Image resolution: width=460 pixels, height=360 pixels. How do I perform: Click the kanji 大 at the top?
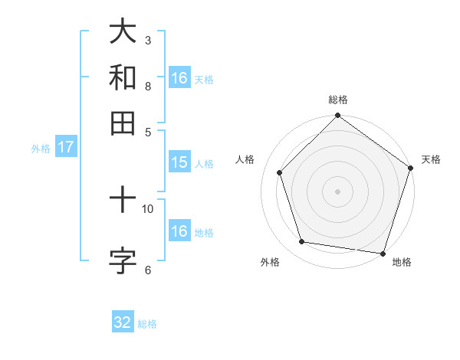pos(123,32)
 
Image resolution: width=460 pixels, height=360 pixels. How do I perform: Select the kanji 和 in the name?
pos(123,78)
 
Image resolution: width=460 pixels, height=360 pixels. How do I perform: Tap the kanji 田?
pos(123,123)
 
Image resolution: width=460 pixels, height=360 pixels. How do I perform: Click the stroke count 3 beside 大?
pos(147,40)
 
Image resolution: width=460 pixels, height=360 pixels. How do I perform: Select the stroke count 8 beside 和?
pos(147,86)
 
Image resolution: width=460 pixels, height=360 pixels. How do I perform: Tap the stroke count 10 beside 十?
pos(148,208)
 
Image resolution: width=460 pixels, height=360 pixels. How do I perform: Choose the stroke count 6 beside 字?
pos(147,269)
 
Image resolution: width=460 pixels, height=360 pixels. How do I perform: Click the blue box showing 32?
pos(123,322)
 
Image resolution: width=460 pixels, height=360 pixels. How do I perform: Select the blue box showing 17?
pos(65,147)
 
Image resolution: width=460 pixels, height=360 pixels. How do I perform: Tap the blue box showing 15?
pos(179,162)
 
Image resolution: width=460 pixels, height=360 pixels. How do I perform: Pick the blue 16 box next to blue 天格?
pos(179,78)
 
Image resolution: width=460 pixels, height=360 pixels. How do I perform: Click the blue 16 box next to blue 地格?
pos(179,231)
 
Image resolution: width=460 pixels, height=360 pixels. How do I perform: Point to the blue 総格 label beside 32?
pos(147,324)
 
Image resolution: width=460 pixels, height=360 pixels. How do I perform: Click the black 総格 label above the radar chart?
pos(337,100)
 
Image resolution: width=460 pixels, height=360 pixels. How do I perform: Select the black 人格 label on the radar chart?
pos(245,159)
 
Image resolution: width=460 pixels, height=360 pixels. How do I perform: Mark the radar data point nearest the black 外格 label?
pos(302,242)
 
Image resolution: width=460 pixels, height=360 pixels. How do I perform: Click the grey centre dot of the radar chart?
pos(337,191)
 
